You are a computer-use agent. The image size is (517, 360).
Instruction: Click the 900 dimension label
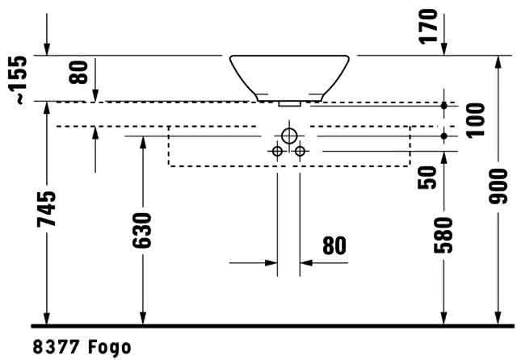[x=498, y=186]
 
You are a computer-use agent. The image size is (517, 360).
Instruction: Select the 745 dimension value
[x=47, y=209]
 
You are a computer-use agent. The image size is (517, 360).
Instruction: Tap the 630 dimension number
[x=142, y=230]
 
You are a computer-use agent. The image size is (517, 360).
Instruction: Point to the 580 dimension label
[x=443, y=235]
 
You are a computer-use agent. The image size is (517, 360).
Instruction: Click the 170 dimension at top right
[x=428, y=27]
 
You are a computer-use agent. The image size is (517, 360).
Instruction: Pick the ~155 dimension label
[x=17, y=80]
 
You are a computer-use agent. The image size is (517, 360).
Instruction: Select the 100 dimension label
[x=476, y=119]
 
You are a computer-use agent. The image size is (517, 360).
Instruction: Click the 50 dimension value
[x=427, y=178]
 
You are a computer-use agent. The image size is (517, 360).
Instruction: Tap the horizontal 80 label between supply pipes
[x=334, y=245]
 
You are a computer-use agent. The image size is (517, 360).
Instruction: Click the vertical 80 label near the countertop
[x=78, y=72]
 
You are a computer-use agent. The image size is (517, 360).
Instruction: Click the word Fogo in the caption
[x=110, y=348]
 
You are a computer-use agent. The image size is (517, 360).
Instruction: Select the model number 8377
[x=56, y=347]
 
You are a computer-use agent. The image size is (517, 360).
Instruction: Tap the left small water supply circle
[x=277, y=151]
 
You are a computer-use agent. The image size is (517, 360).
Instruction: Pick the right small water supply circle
[x=300, y=151]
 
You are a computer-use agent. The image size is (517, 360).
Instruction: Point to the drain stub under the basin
[x=289, y=104]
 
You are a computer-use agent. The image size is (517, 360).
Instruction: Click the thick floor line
[x=272, y=326]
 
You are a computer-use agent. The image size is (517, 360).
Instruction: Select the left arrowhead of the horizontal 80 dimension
[x=271, y=263]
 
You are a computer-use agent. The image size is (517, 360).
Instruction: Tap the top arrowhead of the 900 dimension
[x=498, y=61]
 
